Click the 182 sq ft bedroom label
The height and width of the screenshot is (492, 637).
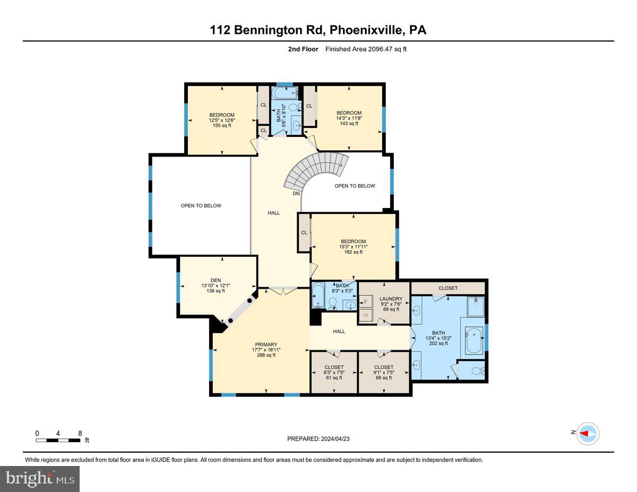354,247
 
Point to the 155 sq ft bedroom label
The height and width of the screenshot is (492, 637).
222,120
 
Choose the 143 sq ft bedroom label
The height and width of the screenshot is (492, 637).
349,118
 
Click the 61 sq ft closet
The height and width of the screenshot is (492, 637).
334,372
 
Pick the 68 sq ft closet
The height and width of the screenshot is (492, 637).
384,372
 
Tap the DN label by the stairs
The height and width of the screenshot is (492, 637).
296,194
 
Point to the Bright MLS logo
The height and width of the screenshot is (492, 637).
40,479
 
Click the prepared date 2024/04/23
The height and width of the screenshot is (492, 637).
318,439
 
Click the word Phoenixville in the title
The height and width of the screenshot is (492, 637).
366,31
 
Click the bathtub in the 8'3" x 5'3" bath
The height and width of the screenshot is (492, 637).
318,296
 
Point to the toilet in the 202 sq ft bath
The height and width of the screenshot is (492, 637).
476,370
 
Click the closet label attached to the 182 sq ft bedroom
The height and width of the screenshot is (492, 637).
304,232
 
